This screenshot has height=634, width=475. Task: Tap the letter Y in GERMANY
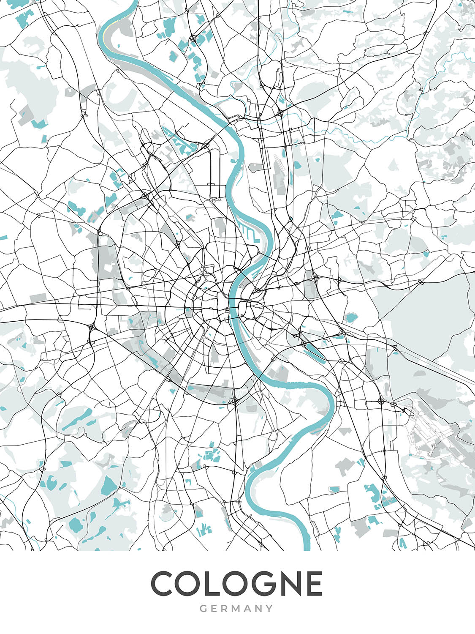269,609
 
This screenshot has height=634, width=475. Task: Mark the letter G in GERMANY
203,609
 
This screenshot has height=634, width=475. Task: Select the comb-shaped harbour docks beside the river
249,231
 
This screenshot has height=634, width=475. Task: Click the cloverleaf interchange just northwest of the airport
381,400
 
